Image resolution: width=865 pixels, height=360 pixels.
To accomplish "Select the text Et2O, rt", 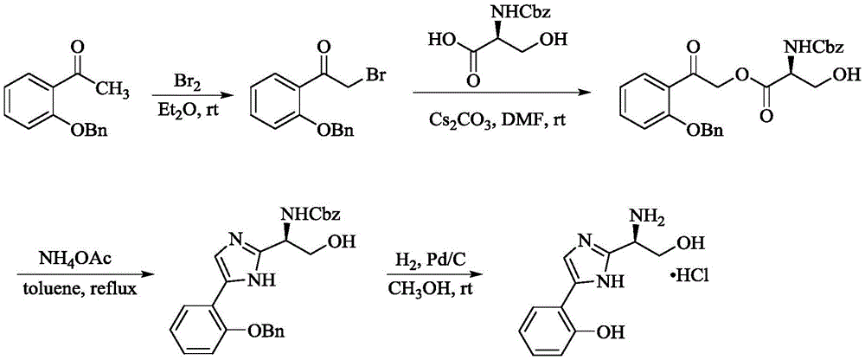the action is coord(184,101).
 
